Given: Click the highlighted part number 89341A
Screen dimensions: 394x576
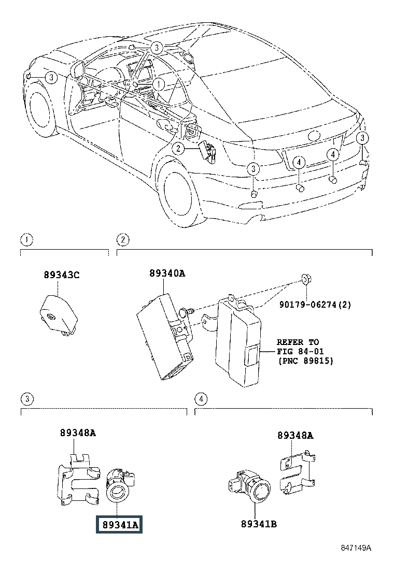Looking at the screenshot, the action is tap(120, 525).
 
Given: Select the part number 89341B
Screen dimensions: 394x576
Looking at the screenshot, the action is tap(259, 524).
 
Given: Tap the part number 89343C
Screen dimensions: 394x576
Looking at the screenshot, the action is tap(61, 275).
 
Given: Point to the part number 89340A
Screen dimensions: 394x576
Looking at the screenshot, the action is tap(167, 273).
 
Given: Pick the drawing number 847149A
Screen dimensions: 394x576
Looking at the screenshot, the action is tap(356, 548).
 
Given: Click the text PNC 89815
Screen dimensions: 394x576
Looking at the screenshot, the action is tap(306, 361).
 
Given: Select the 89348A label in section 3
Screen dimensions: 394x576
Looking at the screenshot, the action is tap(78, 433).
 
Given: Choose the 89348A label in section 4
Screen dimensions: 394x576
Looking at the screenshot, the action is tap(295, 435).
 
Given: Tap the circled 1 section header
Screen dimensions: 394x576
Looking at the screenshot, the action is tap(26, 240).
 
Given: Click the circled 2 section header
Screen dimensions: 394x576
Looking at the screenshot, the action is tap(123, 240).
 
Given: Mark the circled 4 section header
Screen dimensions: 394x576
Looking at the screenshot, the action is tap(201, 399).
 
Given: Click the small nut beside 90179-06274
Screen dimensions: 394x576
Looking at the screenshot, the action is tap(305, 280).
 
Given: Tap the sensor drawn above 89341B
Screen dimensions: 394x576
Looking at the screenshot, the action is tap(249, 486).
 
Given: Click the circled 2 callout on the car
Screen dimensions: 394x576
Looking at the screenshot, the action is tap(179, 149).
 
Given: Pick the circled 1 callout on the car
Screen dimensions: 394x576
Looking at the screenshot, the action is tap(159, 84).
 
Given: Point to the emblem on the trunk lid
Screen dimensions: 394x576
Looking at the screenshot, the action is tap(315, 135).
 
